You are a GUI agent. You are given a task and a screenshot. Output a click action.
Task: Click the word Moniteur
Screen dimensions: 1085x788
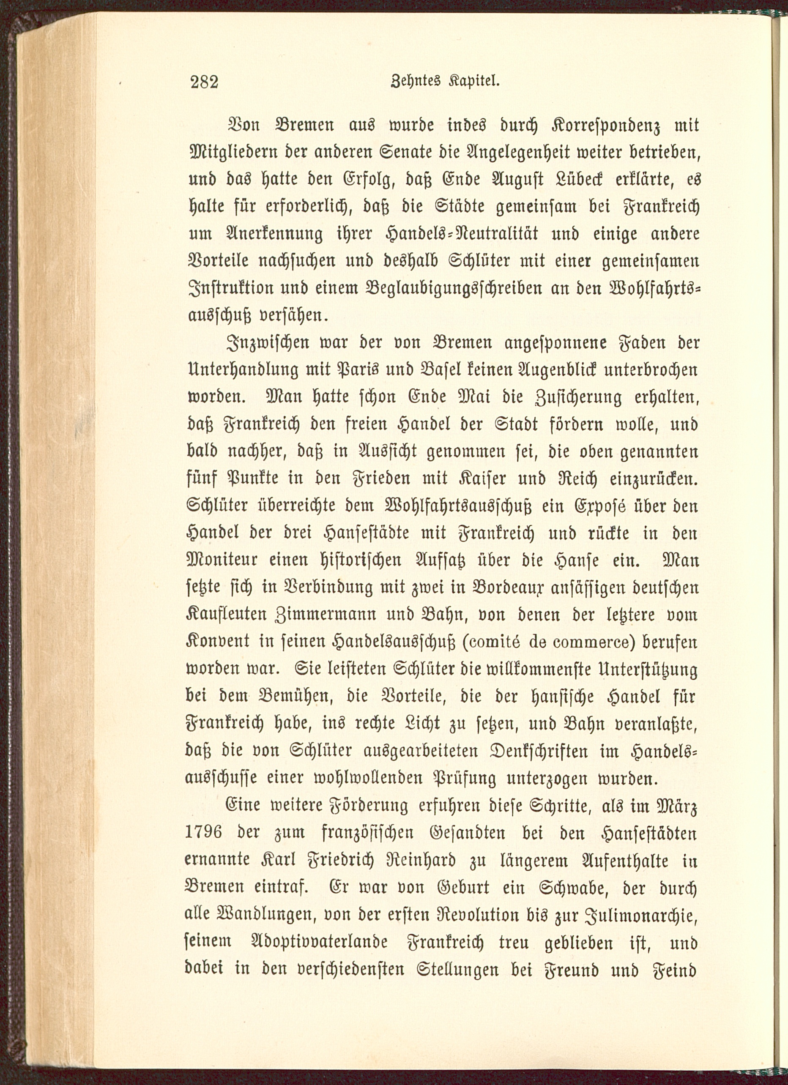pyautogui.click(x=219, y=560)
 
